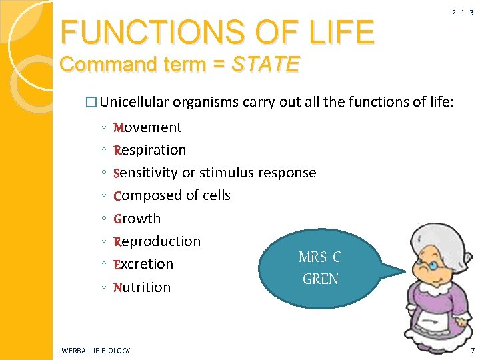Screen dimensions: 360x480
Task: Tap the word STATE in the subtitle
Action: (265, 65)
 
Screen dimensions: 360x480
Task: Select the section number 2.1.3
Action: (462, 13)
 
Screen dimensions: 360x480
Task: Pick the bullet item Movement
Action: (147, 127)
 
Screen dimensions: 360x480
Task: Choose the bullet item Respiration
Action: (150, 150)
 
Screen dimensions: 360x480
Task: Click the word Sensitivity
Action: (146, 173)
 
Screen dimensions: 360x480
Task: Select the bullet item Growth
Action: (137, 219)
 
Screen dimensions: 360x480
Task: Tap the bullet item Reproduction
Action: (157, 241)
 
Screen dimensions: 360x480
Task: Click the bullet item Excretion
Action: (143, 264)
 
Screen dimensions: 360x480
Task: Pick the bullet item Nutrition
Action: (142, 287)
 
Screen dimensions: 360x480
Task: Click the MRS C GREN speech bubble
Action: (321, 268)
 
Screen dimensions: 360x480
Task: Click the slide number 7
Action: (472, 350)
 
